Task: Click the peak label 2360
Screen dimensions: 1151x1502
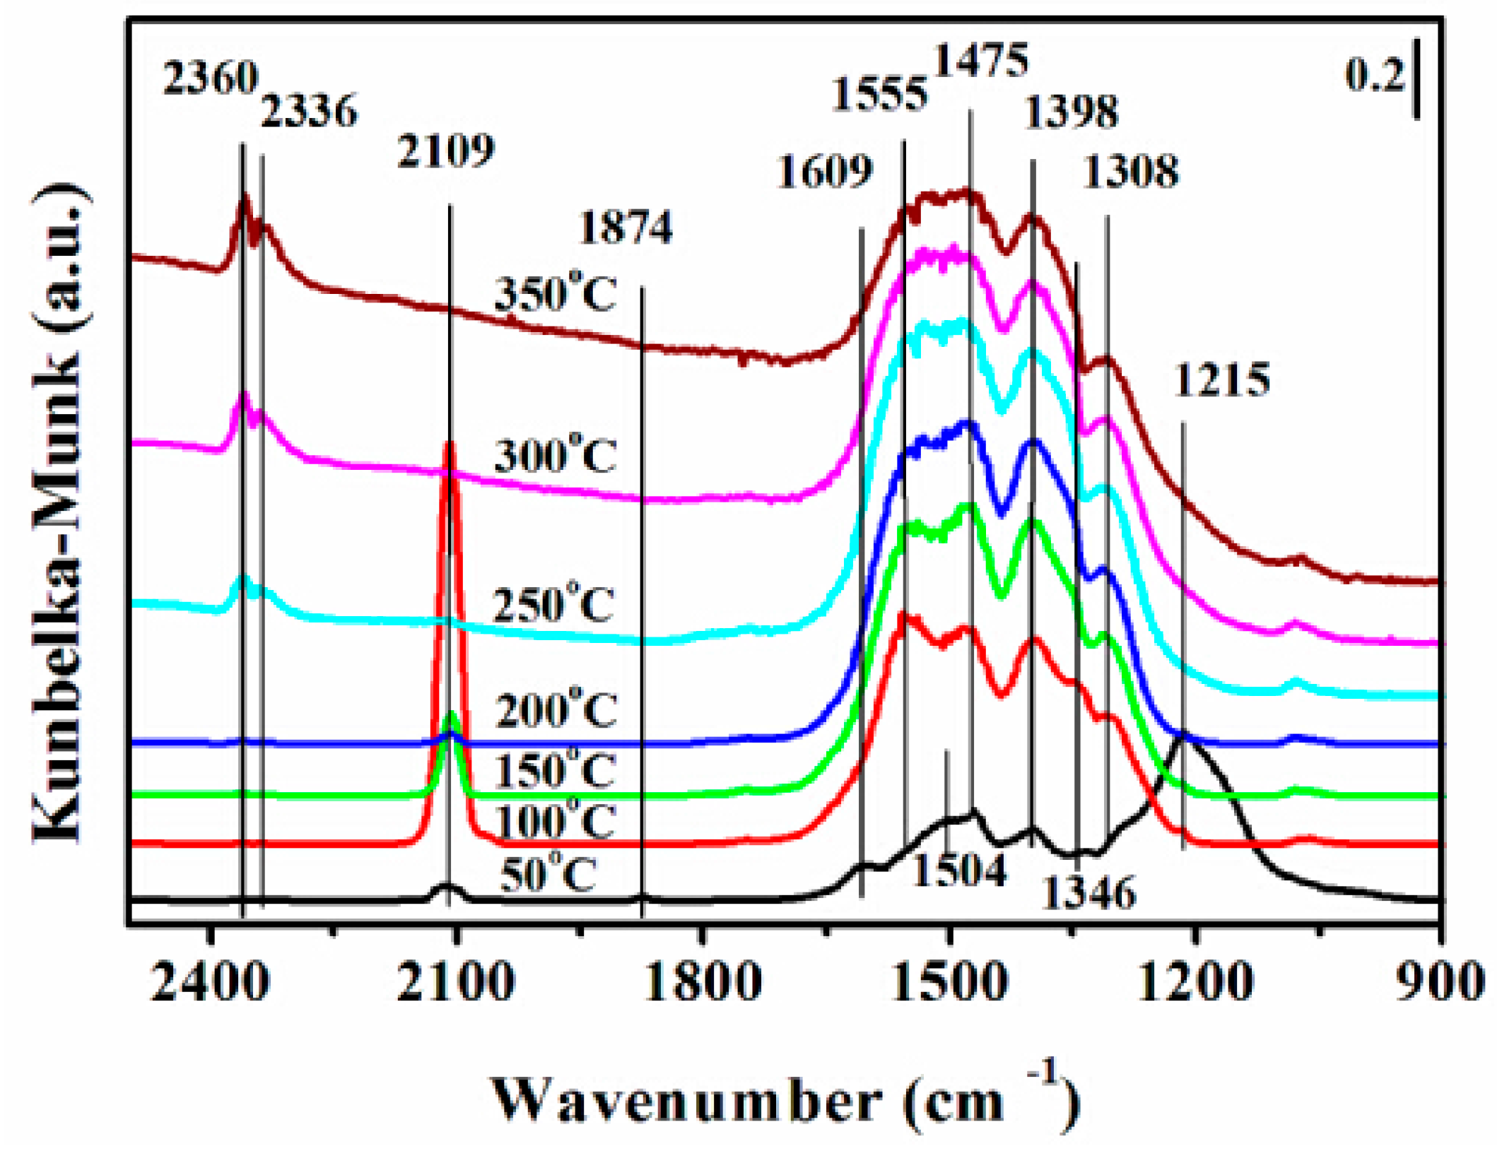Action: pos(210,78)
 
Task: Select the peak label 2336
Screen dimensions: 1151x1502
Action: pos(309,112)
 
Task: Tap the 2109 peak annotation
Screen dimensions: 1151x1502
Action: pos(445,152)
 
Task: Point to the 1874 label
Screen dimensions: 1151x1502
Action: pos(626,229)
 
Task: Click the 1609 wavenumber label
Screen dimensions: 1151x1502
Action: pos(824,172)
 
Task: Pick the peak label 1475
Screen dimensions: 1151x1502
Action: pos(981,62)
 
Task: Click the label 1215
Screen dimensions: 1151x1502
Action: pos(1221,381)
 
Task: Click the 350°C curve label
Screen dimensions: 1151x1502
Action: pos(555,295)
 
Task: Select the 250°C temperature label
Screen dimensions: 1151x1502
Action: pos(553,605)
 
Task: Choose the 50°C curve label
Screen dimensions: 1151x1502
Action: pos(548,876)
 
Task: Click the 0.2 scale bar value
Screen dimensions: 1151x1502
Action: pos(1374,76)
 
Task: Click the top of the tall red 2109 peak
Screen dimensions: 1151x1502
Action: pos(449,445)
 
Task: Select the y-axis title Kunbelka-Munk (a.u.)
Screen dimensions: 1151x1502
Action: pos(60,512)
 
